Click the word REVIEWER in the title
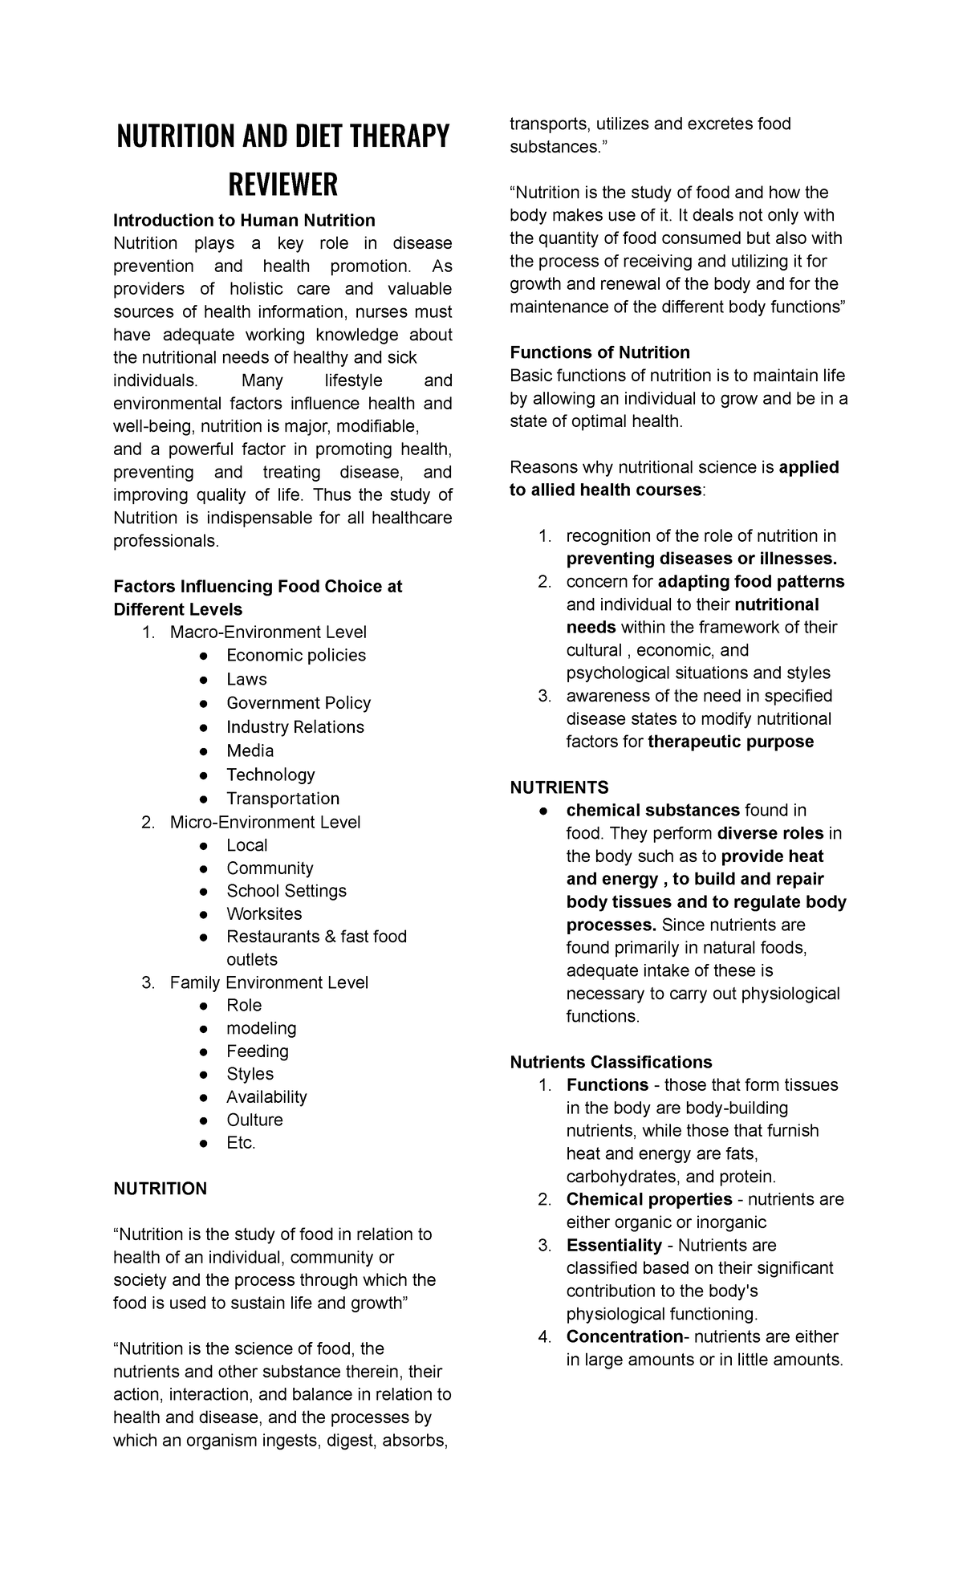(283, 185)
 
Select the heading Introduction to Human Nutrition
(244, 221)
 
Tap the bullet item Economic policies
(295, 656)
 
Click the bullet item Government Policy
(298, 703)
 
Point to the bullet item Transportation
(282, 799)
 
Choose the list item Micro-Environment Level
(265, 822)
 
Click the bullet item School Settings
(286, 891)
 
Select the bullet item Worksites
(264, 914)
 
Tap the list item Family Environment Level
(269, 982)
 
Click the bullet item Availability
(266, 1097)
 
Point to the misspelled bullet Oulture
(254, 1120)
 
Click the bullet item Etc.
(241, 1143)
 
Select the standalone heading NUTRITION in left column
(160, 1189)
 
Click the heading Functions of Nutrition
(599, 352)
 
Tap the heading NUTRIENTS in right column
(559, 787)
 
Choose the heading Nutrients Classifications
(611, 1062)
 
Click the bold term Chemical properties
(648, 1199)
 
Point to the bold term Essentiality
(614, 1245)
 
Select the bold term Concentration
(624, 1336)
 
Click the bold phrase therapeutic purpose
(730, 742)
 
